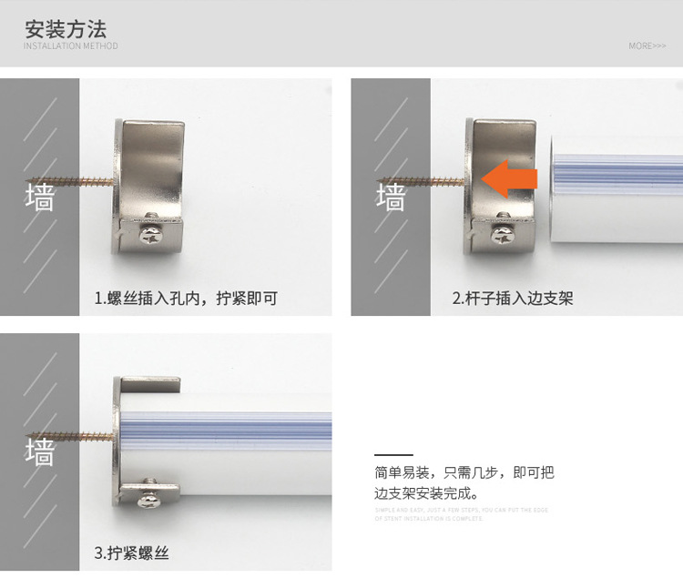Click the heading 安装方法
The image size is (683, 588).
66,27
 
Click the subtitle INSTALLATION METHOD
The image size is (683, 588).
70,46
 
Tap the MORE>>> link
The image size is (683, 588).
647,46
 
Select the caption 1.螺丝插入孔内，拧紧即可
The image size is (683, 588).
185,298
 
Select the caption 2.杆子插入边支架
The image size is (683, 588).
513,298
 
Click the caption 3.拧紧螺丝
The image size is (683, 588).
131,553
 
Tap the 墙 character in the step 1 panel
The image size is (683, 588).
39,197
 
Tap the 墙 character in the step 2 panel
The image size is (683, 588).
391,197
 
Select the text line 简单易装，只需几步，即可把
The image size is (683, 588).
464,473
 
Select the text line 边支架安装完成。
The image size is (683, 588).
426,493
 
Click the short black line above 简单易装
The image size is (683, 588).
392,454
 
